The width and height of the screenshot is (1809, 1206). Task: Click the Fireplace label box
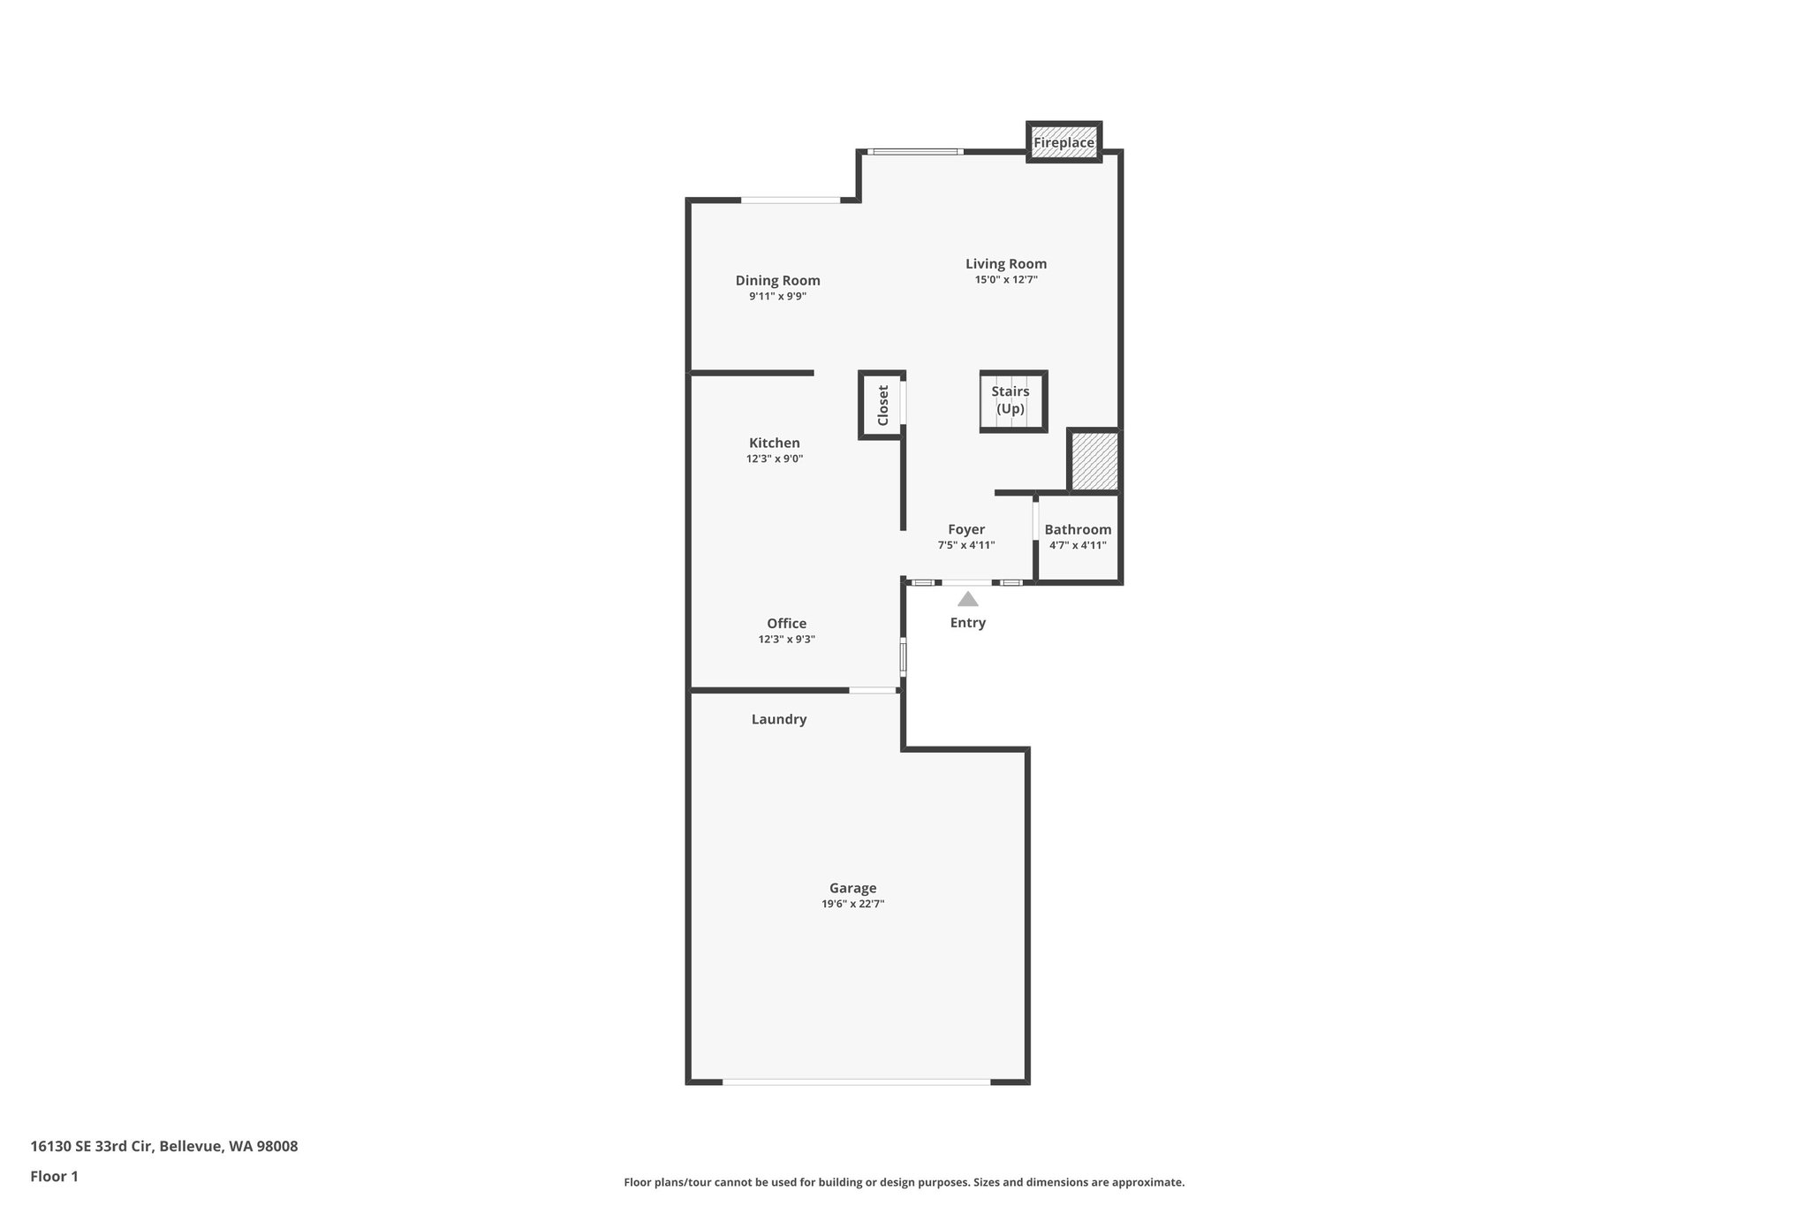[1063, 142]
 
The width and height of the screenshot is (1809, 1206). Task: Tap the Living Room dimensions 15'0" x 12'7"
[1005, 280]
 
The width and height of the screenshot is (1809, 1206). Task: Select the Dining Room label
[777, 280]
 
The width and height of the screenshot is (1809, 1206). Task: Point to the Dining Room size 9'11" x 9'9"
[777, 297]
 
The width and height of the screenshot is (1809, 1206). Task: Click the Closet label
[883, 405]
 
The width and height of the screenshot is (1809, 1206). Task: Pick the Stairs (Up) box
[1012, 401]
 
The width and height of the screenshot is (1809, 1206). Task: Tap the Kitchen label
[774, 443]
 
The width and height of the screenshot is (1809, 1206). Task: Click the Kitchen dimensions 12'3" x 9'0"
[774, 459]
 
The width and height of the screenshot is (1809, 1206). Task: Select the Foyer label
[966, 529]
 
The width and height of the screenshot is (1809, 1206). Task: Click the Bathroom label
[1078, 529]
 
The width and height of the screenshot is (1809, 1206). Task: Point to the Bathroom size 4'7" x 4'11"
[1078, 546]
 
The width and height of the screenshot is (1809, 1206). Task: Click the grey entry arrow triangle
[968, 599]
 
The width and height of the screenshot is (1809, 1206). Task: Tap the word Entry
[968, 623]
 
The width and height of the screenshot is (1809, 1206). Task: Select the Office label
[786, 623]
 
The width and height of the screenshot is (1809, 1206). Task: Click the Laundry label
[778, 719]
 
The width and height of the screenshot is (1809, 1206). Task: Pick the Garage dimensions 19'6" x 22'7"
[852, 905]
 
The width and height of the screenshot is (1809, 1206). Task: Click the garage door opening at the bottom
[856, 1081]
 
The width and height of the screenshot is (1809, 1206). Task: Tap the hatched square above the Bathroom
[1094, 460]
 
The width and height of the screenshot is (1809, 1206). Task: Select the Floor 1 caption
[54, 1177]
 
